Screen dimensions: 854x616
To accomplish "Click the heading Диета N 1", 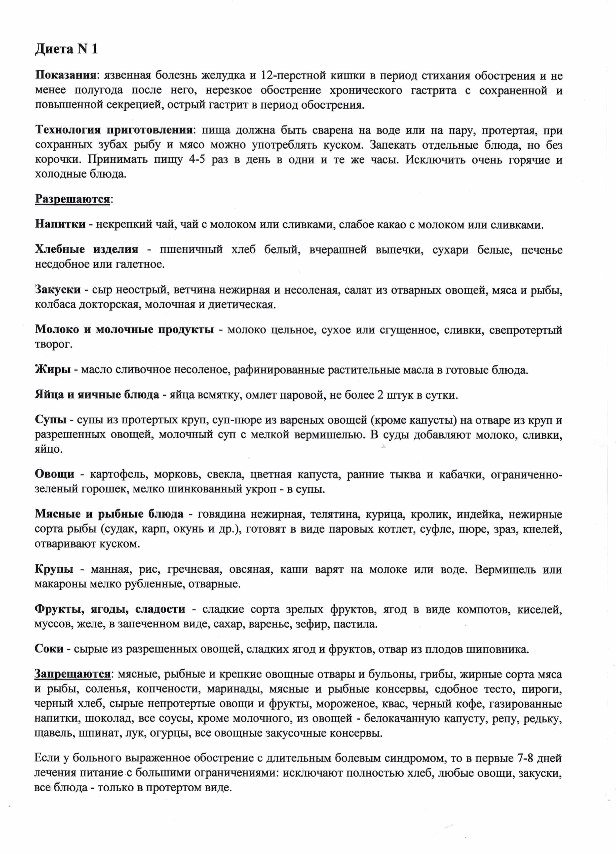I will pyautogui.click(x=66, y=49).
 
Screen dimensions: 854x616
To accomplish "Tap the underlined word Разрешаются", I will pyautogui.click(x=73, y=199).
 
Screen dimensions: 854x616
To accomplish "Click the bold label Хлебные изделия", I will pyautogui.click(x=86, y=249).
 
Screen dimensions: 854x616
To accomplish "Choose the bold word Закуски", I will pyautogui.click(x=58, y=289).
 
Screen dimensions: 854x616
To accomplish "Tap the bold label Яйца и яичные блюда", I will pyautogui.click(x=97, y=395).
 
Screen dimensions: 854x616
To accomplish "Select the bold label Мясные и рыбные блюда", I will pyautogui.click(x=109, y=514).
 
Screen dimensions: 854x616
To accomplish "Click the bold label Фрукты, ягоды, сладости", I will pyautogui.click(x=110, y=609).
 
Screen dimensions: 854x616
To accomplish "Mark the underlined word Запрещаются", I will pyautogui.click(x=72, y=674).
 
